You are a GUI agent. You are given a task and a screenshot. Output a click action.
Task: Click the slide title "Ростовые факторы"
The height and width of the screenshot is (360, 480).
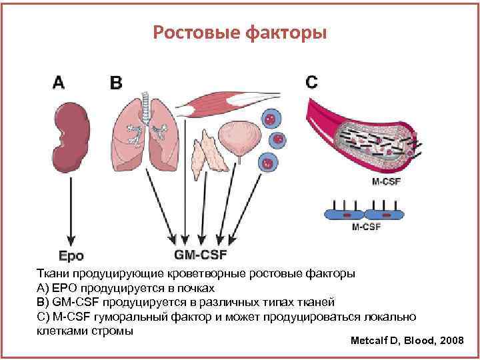[240, 32]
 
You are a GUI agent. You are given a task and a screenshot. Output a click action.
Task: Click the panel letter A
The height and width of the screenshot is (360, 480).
[59, 82]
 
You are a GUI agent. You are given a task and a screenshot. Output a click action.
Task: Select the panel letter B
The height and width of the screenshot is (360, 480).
[116, 83]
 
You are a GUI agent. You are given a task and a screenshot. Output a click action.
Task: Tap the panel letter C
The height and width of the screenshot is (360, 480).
[311, 82]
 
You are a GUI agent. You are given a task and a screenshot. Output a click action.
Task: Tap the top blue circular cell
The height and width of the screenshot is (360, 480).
[270, 118]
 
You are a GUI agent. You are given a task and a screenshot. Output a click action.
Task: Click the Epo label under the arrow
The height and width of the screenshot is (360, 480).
[71, 255]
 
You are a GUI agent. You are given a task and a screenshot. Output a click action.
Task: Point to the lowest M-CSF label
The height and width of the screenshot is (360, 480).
[366, 227]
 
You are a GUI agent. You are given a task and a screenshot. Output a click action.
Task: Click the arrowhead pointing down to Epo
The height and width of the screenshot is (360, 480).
[72, 241]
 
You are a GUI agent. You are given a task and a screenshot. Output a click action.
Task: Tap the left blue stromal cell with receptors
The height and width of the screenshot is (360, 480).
[346, 214]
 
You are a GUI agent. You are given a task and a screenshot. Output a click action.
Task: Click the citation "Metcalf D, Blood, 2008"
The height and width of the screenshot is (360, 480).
[407, 341]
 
